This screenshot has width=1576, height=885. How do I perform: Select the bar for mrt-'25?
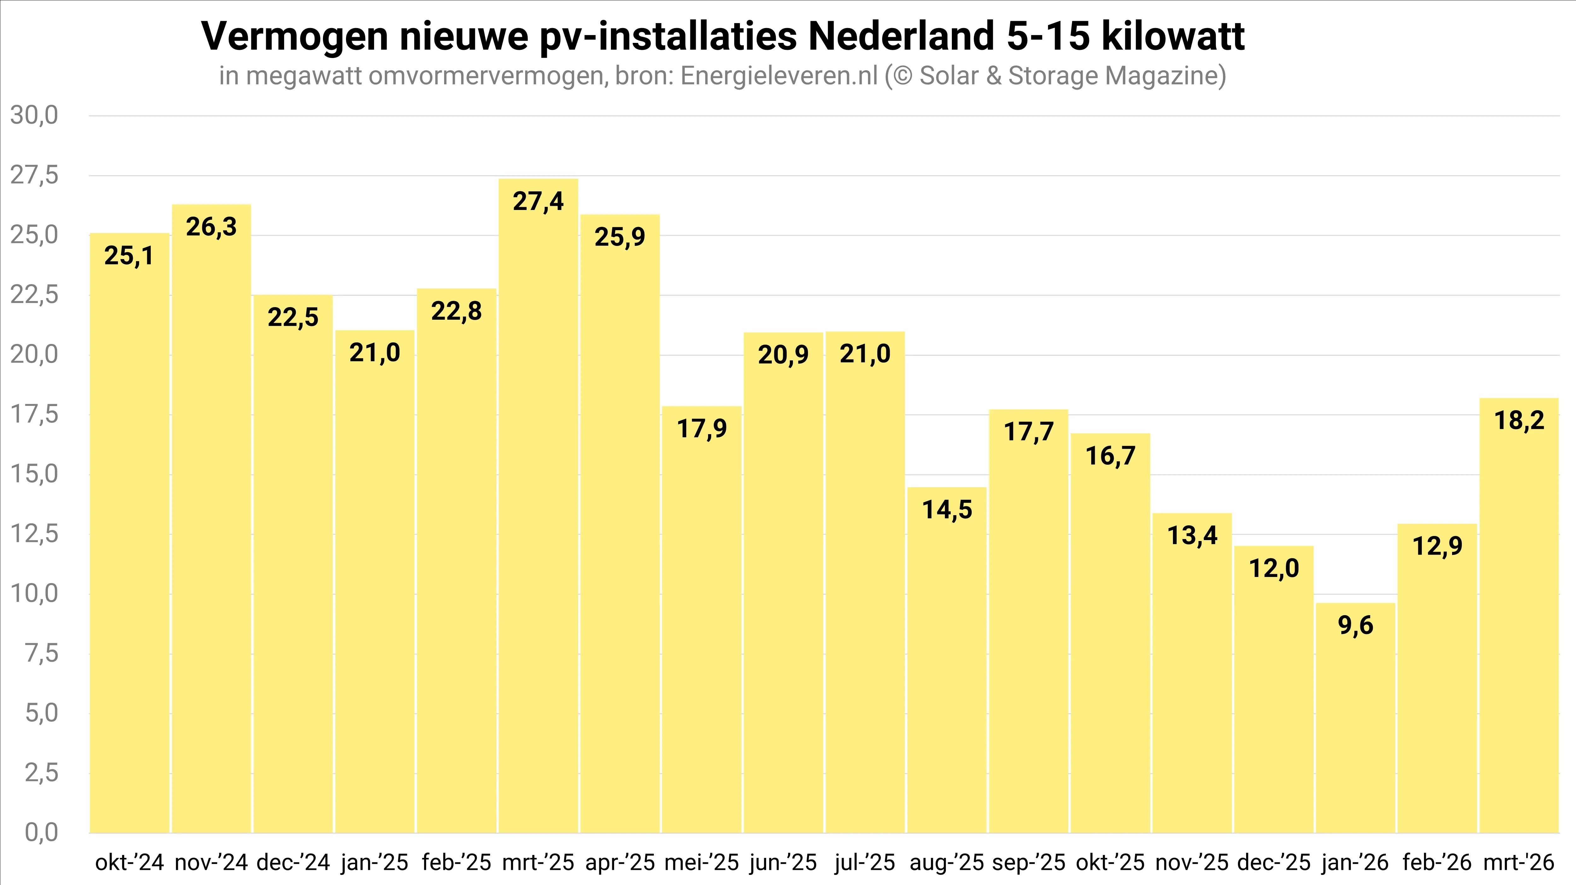coord(538,508)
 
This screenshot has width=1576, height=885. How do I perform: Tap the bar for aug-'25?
coord(946,661)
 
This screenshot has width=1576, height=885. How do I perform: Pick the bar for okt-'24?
coord(130,532)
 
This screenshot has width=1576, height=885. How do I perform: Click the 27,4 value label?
coord(538,201)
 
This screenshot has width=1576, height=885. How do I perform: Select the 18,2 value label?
coord(1519,420)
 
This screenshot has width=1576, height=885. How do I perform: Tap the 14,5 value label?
coord(946,509)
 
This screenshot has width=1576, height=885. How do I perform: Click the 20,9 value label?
coord(783,355)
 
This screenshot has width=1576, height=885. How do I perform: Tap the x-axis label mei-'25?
coord(702,862)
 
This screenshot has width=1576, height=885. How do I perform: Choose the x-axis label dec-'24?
coord(293,862)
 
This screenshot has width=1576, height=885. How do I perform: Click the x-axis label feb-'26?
coord(1437,862)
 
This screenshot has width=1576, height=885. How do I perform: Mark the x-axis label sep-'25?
coord(1028,862)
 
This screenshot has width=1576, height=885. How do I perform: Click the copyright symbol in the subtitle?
coord(902,76)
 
